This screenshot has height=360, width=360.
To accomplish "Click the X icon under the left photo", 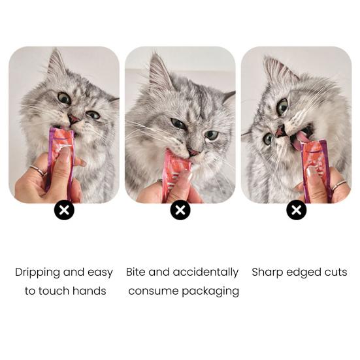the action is tap(64, 210).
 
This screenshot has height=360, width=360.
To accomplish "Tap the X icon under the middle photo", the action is tap(180, 210).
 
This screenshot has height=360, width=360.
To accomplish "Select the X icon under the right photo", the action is tap(297, 210).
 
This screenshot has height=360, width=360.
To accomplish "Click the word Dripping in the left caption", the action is tap(38, 272).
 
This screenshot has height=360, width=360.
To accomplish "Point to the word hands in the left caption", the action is tap(89, 291).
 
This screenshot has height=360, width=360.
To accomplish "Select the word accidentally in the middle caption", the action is tap(206, 272).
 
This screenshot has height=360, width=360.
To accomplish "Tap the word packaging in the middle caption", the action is tap(210, 291).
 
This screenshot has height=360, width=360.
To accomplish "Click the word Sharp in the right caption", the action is tap(267, 272).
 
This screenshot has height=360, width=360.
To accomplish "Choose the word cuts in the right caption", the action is tap(336, 272).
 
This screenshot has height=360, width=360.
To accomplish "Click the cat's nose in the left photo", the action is tap(74, 118).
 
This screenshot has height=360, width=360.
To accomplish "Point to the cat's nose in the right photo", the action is tap(280, 131).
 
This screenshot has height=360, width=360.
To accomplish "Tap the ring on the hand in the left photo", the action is tap(38, 170).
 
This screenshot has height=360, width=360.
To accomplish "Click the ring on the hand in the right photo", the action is tap(339, 186).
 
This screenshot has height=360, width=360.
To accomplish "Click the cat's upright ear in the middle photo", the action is tap(159, 71).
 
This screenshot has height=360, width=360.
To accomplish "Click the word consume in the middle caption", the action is tap(153, 291).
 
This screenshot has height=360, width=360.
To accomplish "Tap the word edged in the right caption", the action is tap(304, 272).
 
